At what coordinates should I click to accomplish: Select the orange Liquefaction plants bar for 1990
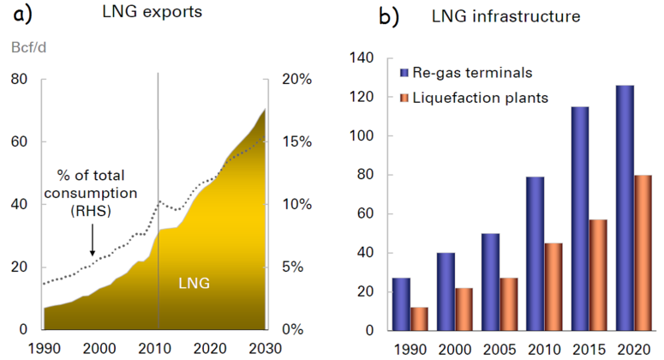coord(418,319)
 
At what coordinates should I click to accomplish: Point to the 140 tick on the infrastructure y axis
coord(364,58)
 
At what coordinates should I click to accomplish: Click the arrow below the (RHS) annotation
coord(92,245)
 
